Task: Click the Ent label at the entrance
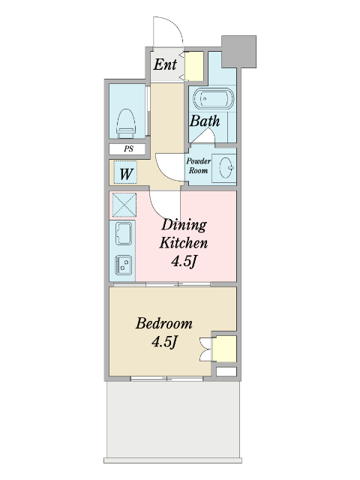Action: [x=165, y=64]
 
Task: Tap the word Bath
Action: [x=205, y=121]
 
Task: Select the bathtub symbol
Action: [x=213, y=98]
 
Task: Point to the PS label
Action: [x=128, y=148]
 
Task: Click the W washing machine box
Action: [x=125, y=172]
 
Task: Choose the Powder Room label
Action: [x=198, y=166]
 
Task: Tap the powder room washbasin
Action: [x=226, y=168]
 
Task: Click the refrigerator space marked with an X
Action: [x=124, y=205]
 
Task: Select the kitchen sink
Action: [x=124, y=233]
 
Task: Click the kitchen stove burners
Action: [x=124, y=265]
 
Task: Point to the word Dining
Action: [x=184, y=226]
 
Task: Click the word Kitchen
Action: [x=183, y=243]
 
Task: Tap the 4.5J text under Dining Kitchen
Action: [x=183, y=261]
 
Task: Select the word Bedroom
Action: [x=164, y=323]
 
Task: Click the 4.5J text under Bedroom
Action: [x=164, y=342]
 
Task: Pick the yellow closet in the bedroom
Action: [x=224, y=349]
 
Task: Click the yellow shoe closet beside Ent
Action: [x=194, y=66]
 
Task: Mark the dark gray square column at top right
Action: [x=238, y=52]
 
